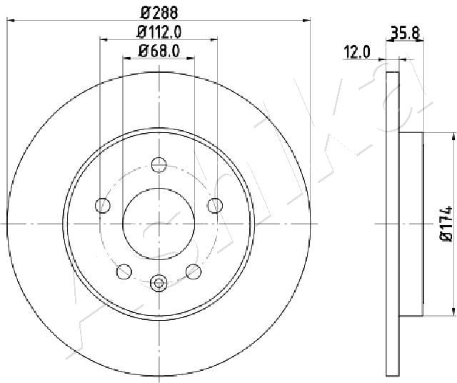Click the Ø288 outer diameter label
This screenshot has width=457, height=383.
tap(159, 13)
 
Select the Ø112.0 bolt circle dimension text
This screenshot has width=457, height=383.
tap(159, 31)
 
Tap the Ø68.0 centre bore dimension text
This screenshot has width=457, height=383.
tap(159, 51)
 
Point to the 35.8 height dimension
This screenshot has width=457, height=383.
tap(405, 33)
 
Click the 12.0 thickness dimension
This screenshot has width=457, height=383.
tap(357, 52)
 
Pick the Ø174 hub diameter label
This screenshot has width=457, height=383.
tap(446, 224)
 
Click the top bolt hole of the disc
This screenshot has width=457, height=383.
tap(159, 164)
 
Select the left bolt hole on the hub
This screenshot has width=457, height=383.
tap(103, 205)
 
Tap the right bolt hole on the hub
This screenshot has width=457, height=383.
tap(215, 205)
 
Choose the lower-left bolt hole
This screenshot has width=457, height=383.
tap(124, 272)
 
